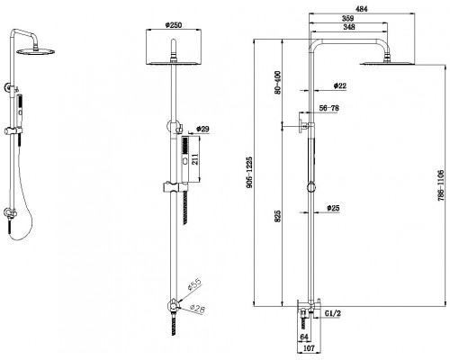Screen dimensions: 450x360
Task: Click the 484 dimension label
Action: pyautogui.click(x=362, y=9)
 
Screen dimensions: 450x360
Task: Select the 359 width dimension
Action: pyautogui.click(x=348, y=18)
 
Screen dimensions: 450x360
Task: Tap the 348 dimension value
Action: pyautogui.click(x=349, y=27)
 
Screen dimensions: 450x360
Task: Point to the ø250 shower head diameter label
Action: pyautogui.click(x=174, y=25)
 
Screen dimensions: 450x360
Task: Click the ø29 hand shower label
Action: pyautogui.click(x=202, y=129)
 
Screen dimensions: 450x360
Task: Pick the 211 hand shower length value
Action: pyautogui.click(x=195, y=159)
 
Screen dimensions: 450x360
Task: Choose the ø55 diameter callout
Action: pyautogui.click(x=194, y=284)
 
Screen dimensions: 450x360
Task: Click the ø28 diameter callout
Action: pyautogui.click(x=198, y=308)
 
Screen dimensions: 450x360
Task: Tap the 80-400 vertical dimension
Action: pyautogui.click(x=278, y=83)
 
